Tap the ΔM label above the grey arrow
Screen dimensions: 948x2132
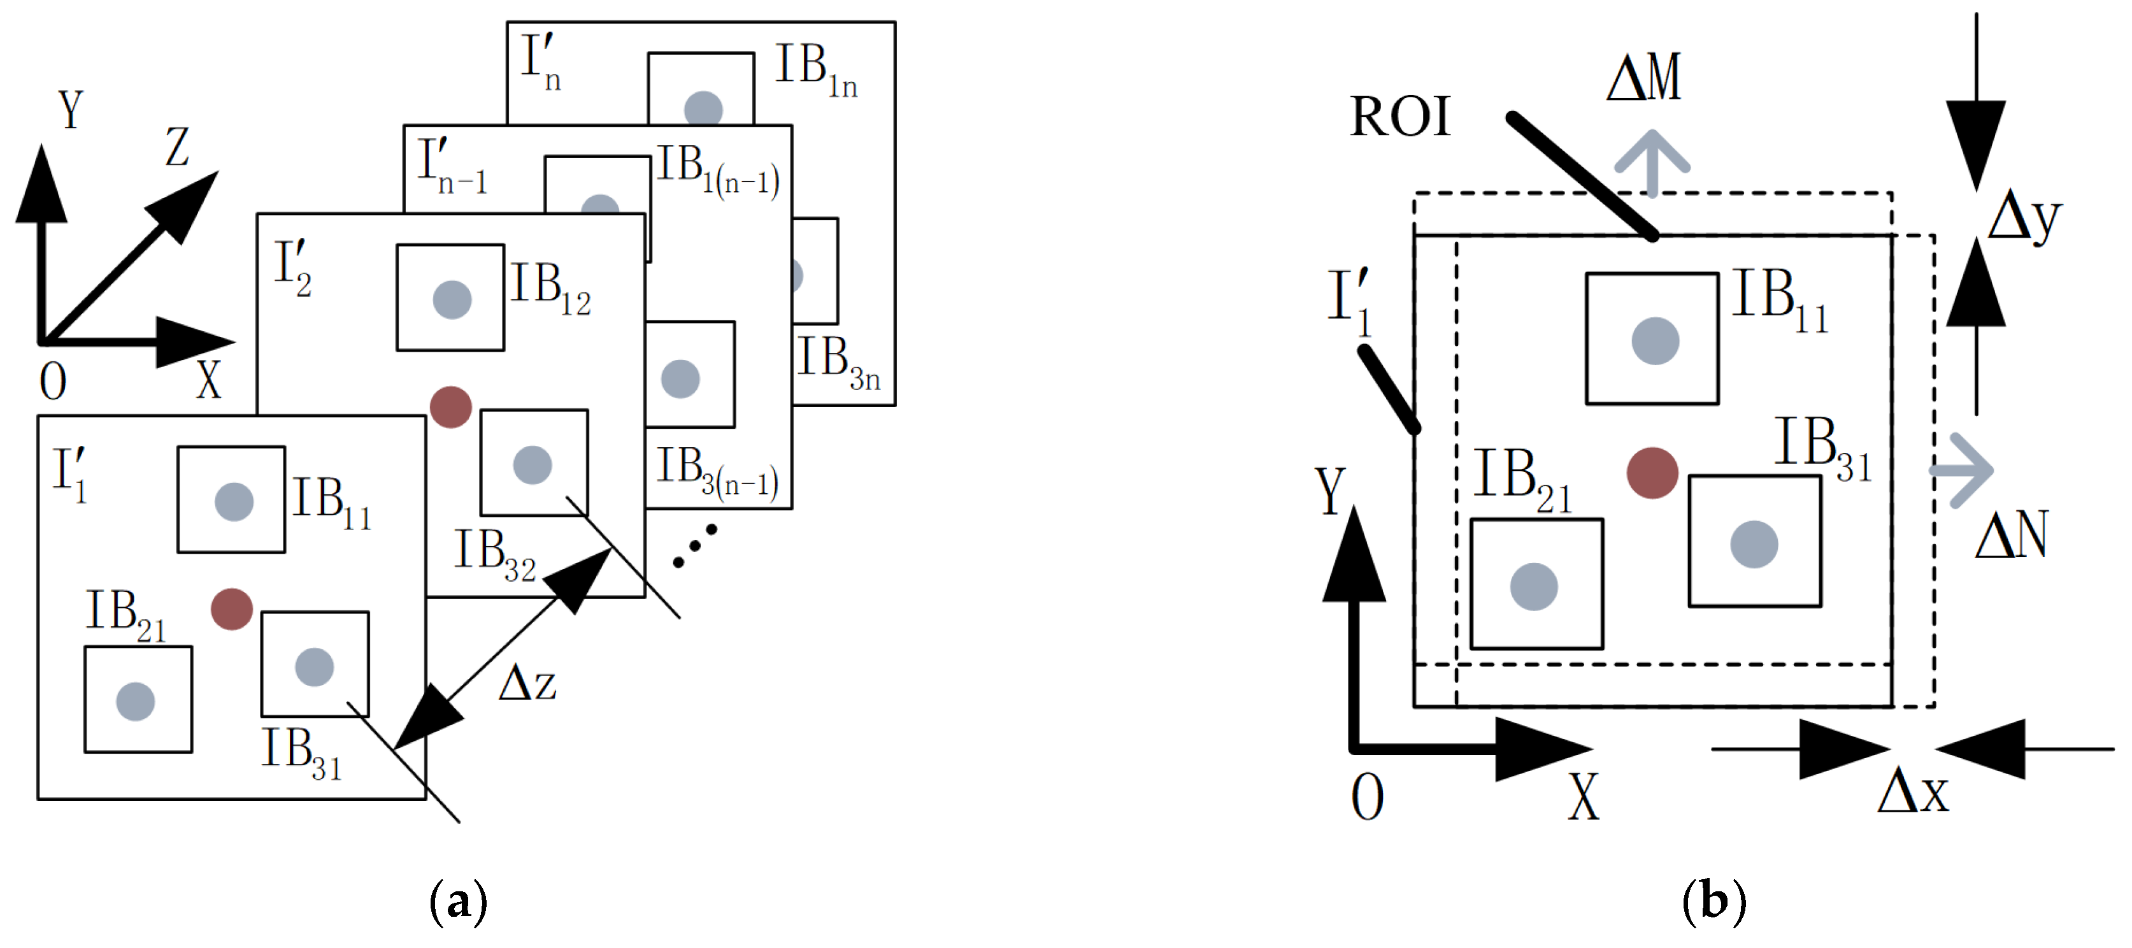coord(1643,78)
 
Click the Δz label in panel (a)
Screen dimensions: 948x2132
coord(527,684)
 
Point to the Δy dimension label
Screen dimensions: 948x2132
coord(2024,219)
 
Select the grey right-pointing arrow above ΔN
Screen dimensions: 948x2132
coord(1963,470)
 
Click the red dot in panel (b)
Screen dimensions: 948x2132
coord(1652,473)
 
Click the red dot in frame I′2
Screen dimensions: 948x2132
coord(451,407)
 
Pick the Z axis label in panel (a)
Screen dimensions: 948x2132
coord(177,147)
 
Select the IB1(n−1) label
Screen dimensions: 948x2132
coord(717,169)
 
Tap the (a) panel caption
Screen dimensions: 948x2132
coord(458,903)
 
